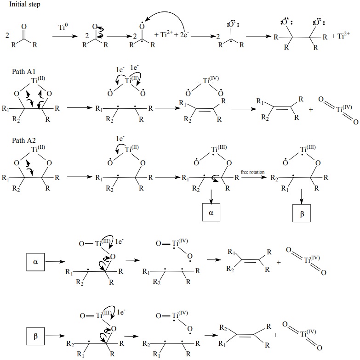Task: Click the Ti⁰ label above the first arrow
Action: pyautogui.click(x=63, y=28)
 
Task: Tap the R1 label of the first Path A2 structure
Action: pyautogui.click(x=5, y=177)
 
